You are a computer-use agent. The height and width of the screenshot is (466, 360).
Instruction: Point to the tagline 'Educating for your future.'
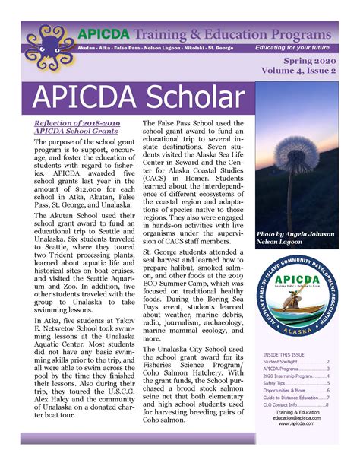click(x=307, y=47)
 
